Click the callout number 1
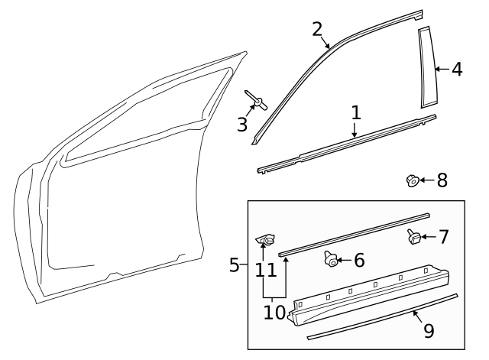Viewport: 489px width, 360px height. (x=355, y=113)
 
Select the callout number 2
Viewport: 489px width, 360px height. (x=318, y=30)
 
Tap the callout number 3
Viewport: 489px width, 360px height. (x=242, y=125)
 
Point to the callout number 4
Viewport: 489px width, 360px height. (x=456, y=69)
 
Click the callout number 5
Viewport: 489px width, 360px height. (x=235, y=265)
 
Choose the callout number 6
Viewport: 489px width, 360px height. (x=358, y=261)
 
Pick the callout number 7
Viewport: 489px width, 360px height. (x=443, y=236)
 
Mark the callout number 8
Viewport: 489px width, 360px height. (x=442, y=180)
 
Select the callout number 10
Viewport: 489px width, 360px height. (x=274, y=313)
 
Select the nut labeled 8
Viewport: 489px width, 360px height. (x=410, y=180)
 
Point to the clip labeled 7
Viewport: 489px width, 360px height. (x=413, y=237)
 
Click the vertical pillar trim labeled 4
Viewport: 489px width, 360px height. (x=424, y=69)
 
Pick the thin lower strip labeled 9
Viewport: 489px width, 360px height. (x=382, y=316)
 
